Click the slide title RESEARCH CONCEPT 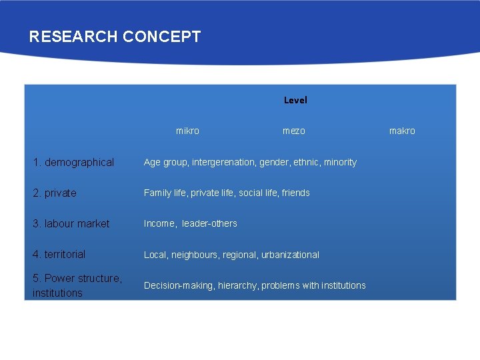click(115, 37)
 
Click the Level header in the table click(295, 100)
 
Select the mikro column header click(187, 131)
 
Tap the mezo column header click(294, 131)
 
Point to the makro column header click(402, 131)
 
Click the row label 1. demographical click(73, 162)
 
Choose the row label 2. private click(55, 193)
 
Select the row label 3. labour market click(71, 223)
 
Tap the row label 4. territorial click(59, 254)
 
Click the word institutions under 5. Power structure click(57, 293)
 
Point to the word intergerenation click(223, 162)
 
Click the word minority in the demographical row click(340, 162)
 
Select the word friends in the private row click(295, 193)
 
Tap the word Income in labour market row click(159, 223)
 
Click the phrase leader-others click(209, 223)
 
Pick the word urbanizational click(291, 255)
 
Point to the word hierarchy click(237, 285)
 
